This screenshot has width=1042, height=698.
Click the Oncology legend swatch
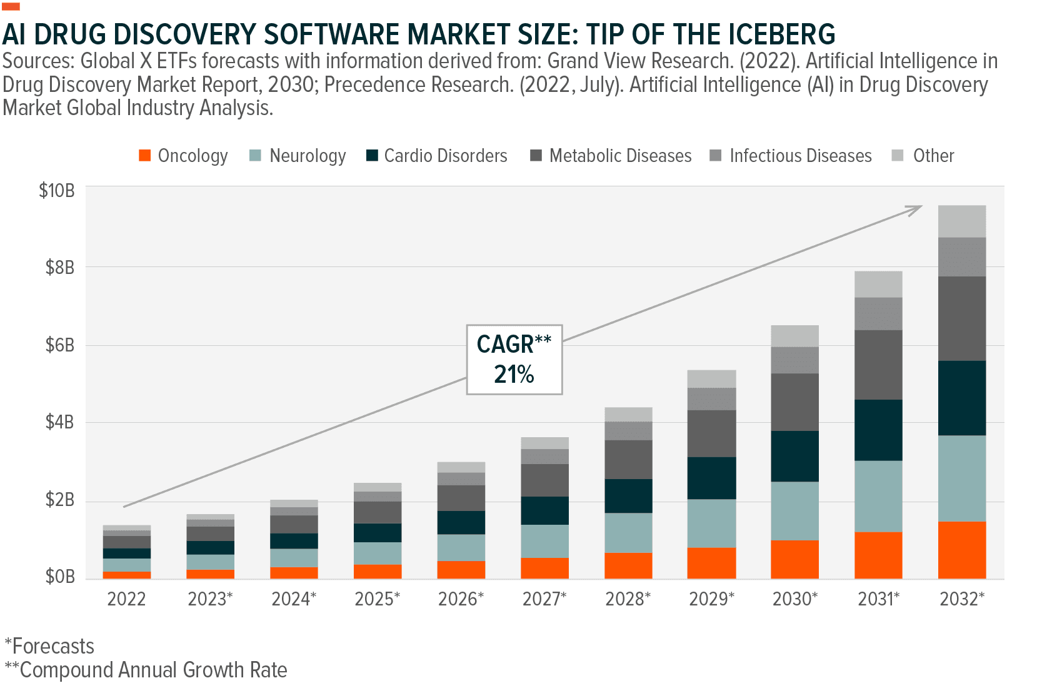(x=144, y=156)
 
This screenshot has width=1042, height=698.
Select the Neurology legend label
(x=307, y=156)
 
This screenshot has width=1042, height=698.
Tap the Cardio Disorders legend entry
(x=445, y=156)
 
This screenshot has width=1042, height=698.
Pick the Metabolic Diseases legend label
(x=620, y=156)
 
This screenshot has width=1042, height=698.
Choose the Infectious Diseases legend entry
(x=800, y=156)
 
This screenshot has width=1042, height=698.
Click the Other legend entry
(x=933, y=156)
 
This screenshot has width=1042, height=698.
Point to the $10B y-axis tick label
(x=57, y=190)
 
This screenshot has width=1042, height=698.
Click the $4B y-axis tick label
(x=59, y=422)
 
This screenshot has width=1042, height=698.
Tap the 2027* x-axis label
(x=544, y=599)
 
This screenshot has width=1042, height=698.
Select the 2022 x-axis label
(x=126, y=599)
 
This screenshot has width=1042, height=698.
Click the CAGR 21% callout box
(x=514, y=360)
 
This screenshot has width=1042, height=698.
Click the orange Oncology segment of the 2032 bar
(x=961, y=550)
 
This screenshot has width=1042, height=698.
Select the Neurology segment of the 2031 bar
(x=878, y=496)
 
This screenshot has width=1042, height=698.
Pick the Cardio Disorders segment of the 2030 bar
(x=794, y=456)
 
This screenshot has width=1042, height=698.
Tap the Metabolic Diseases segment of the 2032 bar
(x=961, y=318)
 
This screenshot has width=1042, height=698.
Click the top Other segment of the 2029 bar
(x=711, y=378)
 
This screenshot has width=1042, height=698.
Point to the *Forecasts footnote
(x=49, y=646)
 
